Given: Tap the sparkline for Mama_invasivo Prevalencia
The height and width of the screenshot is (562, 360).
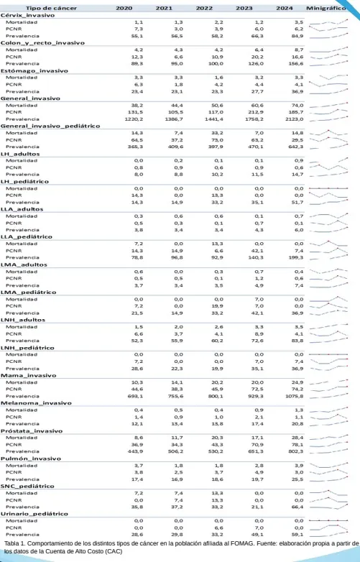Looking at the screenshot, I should click(334, 395).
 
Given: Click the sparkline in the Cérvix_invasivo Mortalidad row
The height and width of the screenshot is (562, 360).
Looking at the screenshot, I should click(334, 23).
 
